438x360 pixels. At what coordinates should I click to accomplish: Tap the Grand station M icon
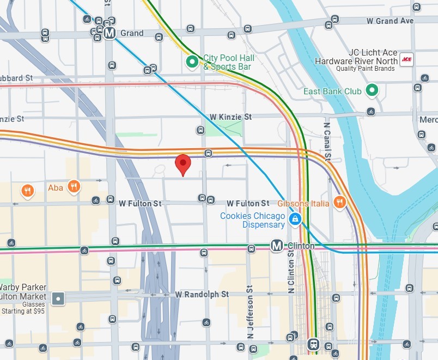(110, 33)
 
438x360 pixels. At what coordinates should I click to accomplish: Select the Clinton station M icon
(277, 246)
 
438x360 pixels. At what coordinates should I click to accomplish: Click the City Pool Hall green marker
(192, 63)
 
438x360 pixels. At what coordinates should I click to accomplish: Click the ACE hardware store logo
(406, 59)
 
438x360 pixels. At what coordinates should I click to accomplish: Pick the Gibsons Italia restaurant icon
(340, 203)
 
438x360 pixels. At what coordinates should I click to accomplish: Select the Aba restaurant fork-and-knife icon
(75, 187)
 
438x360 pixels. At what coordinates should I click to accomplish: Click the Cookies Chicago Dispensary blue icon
(295, 219)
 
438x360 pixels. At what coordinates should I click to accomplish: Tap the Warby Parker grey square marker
(58, 298)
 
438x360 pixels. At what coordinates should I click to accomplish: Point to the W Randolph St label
(202, 294)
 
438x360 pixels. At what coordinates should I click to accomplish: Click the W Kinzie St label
(231, 117)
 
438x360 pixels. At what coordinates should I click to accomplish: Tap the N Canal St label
(327, 141)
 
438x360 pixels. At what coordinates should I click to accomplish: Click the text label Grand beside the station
(132, 33)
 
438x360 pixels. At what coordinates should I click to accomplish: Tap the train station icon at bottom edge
(313, 344)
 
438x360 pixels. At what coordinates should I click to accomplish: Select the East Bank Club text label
(332, 91)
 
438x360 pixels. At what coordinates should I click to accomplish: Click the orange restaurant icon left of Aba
(27, 191)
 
